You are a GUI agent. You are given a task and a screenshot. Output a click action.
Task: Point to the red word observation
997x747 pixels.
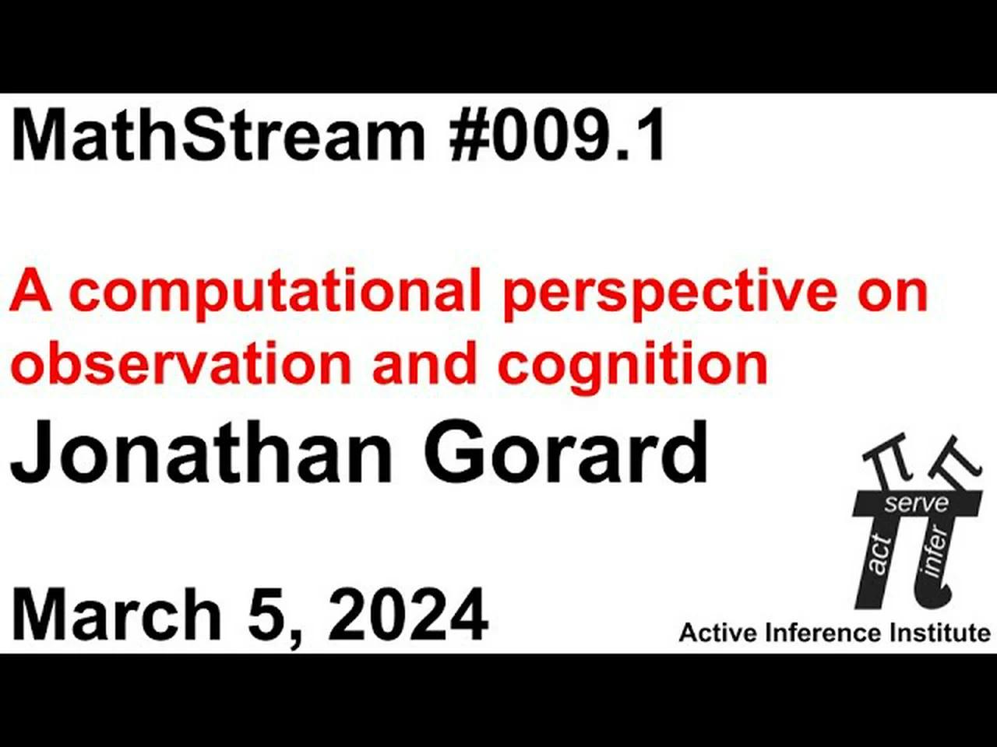coord(184,364)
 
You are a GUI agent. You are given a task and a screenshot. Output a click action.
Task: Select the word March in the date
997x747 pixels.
coord(117,615)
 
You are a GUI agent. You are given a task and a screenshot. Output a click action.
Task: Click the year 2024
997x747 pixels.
coord(409,615)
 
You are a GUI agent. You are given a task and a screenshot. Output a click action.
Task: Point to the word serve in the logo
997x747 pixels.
coord(916,503)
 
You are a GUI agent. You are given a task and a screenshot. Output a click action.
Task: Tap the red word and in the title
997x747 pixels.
coord(425,364)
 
